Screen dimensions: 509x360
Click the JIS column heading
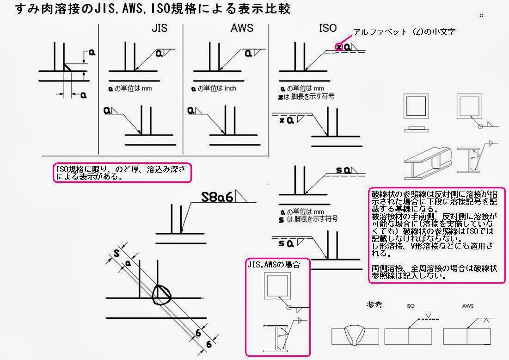(x=159, y=28)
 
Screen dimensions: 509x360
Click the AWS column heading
(x=242, y=28)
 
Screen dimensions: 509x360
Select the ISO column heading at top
(x=327, y=28)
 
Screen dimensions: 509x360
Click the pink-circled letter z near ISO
(x=339, y=46)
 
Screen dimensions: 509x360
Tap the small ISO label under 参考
(x=410, y=306)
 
